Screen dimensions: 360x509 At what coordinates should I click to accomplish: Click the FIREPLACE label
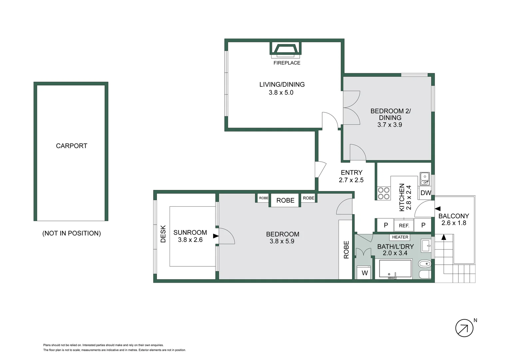(287, 63)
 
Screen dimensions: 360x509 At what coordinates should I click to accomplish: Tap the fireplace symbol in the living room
(285, 49)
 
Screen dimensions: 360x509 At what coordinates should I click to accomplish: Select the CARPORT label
(72, 146)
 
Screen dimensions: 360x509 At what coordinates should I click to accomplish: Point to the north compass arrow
(464, 328)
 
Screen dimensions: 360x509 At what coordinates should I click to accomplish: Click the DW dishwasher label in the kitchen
(426, 193)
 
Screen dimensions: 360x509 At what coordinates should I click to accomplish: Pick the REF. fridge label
(404, 226)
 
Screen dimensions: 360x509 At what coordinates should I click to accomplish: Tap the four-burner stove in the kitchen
(384, 193)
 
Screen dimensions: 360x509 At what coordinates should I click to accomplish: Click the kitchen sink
(425, 179)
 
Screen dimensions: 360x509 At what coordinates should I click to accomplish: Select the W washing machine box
(364, 273)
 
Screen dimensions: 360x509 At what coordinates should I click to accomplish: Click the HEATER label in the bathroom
(400, 237)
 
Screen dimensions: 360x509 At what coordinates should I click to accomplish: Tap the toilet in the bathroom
(425, 264)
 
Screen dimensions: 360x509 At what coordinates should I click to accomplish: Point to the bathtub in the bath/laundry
(395, 269)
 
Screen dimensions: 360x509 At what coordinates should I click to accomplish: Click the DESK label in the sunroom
(163, 234)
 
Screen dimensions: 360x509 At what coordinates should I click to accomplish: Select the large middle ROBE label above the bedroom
(285, 200)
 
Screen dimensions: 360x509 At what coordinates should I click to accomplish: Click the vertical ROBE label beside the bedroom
(346, 250)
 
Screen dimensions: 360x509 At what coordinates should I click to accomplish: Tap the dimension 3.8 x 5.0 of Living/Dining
(281, 93)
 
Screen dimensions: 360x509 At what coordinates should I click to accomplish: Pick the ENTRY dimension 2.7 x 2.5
(351, 180)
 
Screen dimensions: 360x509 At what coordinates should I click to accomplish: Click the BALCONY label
(454, 216)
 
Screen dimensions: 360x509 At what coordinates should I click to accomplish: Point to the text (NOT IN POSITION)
(72, 233)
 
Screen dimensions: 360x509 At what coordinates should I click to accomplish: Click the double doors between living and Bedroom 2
(350, 108)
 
